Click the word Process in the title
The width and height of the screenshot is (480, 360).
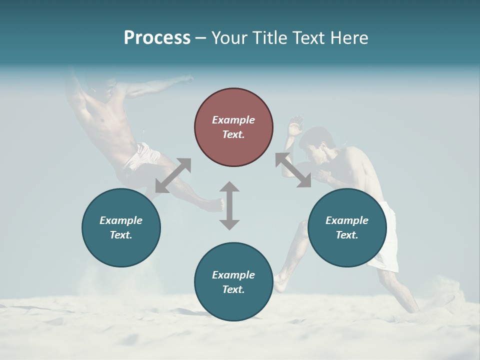coord(157,38)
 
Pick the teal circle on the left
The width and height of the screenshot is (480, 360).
coord(121,227)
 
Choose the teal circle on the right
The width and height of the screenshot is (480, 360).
coord(347,227)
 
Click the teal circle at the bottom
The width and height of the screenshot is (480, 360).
coord(233,281)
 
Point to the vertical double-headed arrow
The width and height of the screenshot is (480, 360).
coord(229,205)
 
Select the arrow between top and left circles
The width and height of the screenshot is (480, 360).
coord(173,175)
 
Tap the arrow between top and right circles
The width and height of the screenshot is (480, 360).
coord(293,170)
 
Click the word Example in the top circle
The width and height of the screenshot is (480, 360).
coord(233,120)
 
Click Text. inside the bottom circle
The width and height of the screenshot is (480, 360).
coord(233,289)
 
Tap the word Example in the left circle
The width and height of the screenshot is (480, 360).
coord(121,220)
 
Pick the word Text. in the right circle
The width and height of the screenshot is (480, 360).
coord(347,235)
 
